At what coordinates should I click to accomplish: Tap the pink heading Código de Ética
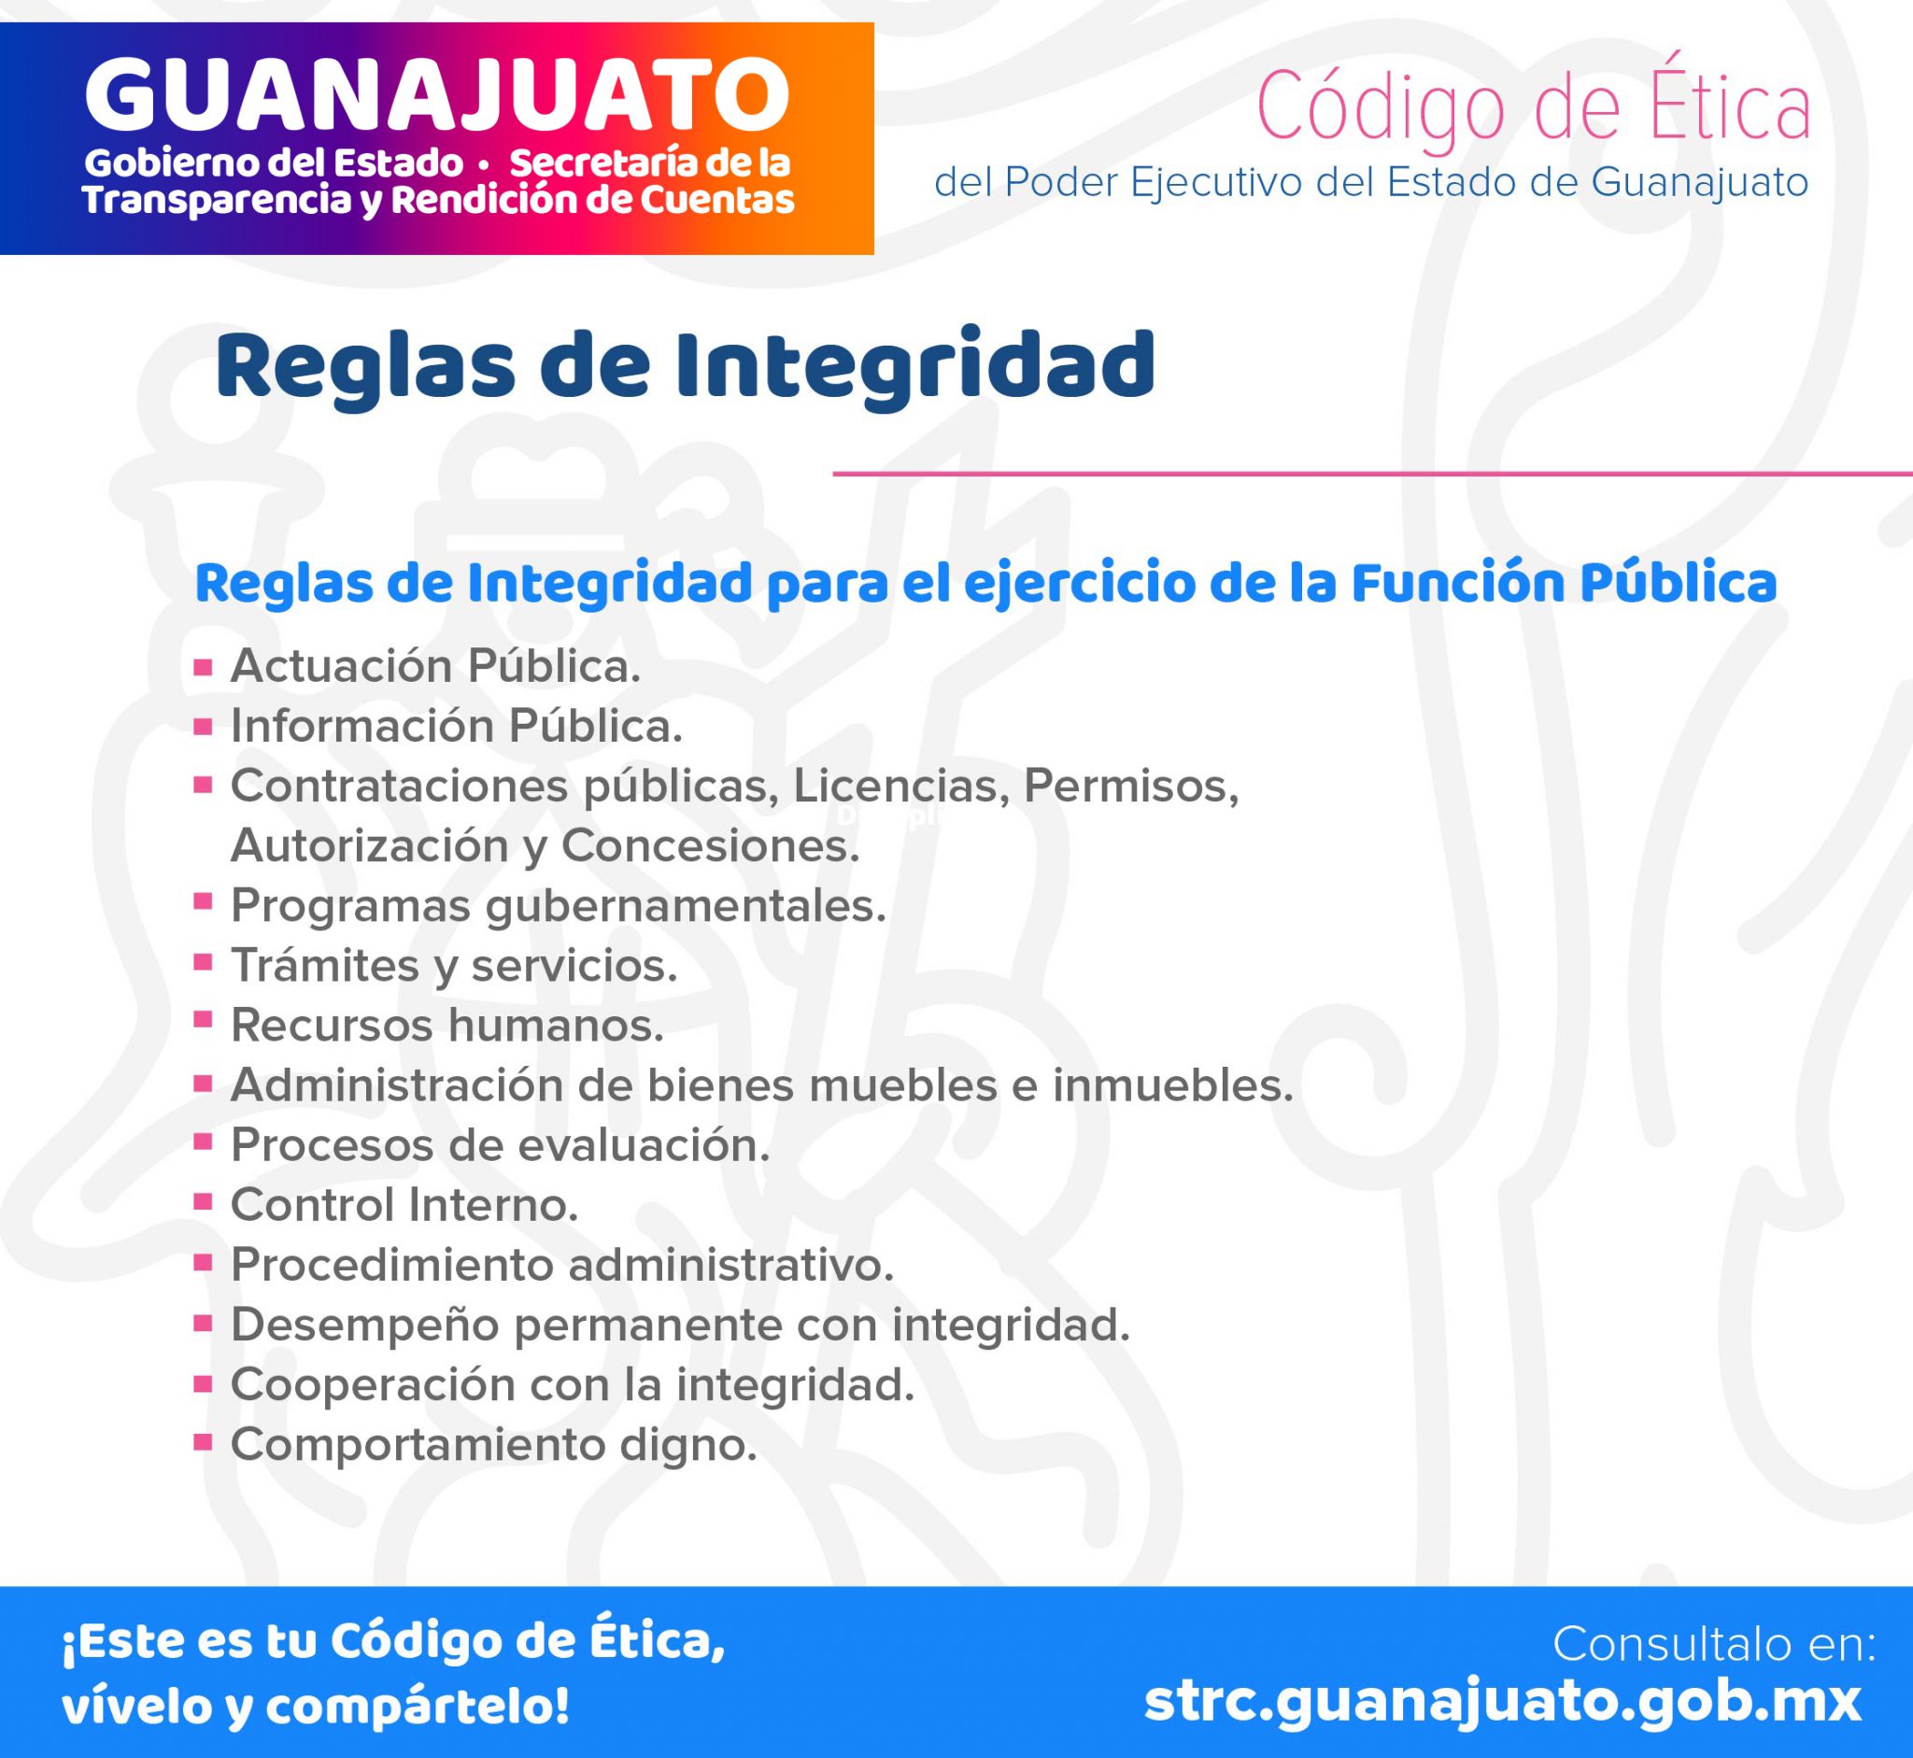click(x=1534, y=108)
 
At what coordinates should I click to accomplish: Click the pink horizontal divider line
click(x=1373, y=473)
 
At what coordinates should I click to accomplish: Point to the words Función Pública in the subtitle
click(x=1563, y=583)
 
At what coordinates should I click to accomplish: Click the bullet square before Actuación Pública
click(x=203, y=667)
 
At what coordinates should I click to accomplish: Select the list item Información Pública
click(x=457, y=726)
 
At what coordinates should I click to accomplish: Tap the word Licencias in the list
click(x=900, y=786)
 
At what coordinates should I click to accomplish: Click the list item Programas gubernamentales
click(x=559, y=906)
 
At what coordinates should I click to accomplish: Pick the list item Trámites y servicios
click(x=454, y=966)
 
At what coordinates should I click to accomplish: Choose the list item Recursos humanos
click(x=447, y=1025)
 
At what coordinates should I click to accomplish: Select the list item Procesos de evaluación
click(x=501, y=1144)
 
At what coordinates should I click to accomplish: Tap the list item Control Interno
click(x=404, y=1204)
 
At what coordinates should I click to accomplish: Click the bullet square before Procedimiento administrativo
click(x=203, y=1263)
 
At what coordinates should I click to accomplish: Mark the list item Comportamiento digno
click(x=494, y=1446)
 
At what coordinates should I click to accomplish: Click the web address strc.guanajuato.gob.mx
click(x=1503, y=1702)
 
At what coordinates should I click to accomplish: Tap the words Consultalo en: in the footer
click(x=1714, y=1643)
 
